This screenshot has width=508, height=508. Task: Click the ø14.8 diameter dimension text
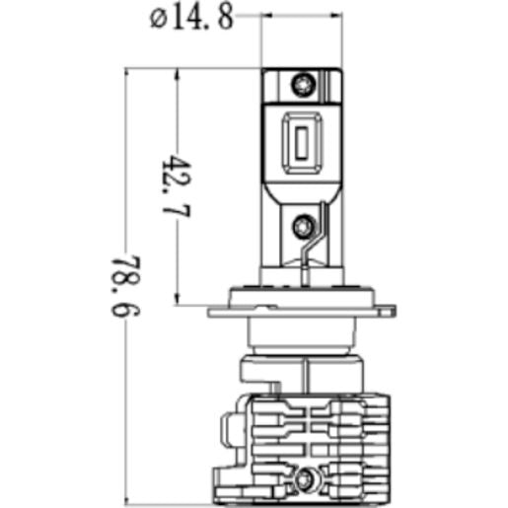tap(191, 18)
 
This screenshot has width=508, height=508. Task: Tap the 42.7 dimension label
tap(177, 186)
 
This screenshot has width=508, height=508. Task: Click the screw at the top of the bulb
tap(303, 85)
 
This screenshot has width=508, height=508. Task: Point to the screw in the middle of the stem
tap(303, 226)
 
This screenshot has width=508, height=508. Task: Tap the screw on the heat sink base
tap(304, 478)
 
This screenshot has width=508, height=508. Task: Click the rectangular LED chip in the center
tap(302, 143)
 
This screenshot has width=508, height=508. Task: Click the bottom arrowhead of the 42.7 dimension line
tap(177, 299)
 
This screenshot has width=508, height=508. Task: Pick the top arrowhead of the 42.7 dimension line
tap(178, 74)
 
